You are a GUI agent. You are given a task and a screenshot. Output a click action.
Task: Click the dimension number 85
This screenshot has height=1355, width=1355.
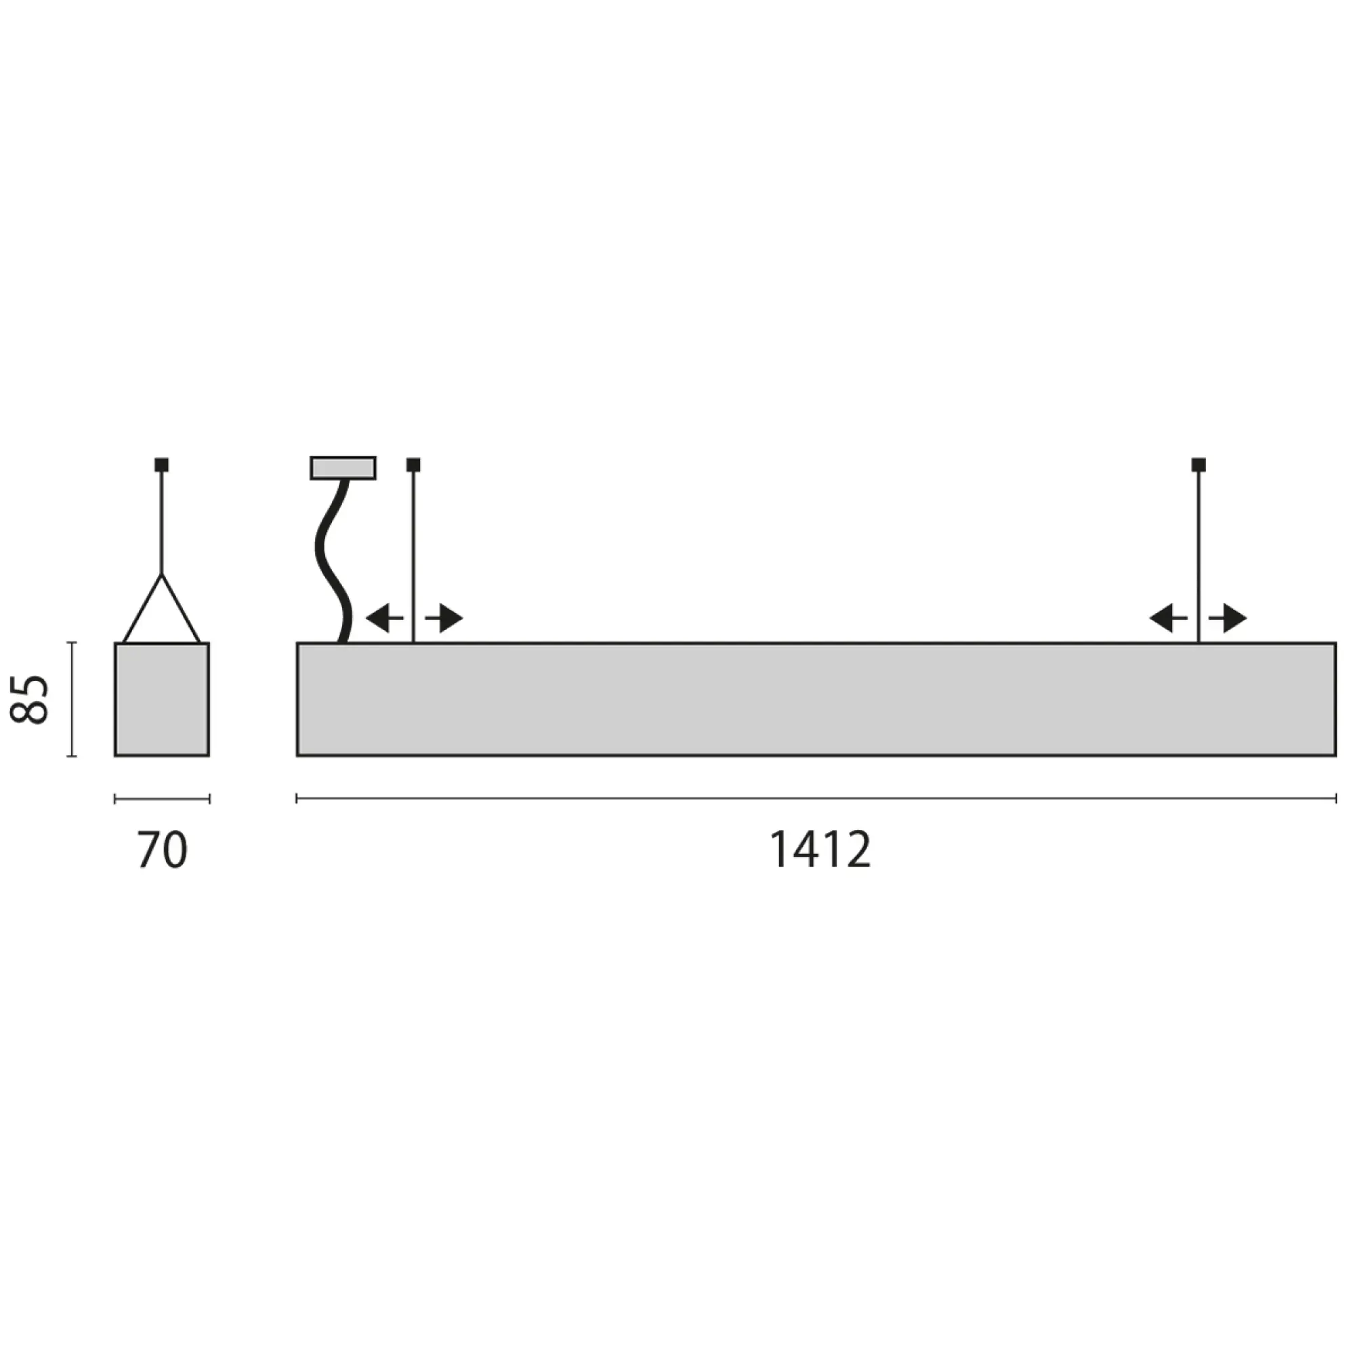pos(29,699)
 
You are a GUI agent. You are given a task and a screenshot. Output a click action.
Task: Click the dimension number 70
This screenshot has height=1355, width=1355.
pos(162,851)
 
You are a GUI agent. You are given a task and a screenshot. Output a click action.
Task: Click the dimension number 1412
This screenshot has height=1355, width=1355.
pos(820,850)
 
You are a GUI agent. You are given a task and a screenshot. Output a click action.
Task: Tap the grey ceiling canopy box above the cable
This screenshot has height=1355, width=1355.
pos(343,467)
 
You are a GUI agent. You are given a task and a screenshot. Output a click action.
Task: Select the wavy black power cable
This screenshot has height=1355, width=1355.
pos(331,561)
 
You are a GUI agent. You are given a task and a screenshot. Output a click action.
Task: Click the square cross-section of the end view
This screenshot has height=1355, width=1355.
pos(162,699)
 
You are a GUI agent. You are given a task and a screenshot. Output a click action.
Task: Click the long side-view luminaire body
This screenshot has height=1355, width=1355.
pos(816,699)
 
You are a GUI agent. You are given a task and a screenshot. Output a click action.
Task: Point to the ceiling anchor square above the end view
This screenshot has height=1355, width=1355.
pos(162,464)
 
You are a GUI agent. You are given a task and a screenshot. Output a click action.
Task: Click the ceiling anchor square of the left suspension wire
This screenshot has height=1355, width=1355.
pos(413,464)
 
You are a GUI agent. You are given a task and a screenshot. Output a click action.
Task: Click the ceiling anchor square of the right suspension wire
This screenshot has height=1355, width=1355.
pos(1198,464)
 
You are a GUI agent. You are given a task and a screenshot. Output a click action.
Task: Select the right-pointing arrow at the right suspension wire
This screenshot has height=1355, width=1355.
pos(1230,619)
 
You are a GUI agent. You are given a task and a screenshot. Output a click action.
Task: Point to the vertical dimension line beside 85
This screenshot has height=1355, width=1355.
pos(71,699)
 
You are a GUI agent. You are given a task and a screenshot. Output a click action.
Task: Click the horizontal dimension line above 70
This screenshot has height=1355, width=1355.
pos(162,798)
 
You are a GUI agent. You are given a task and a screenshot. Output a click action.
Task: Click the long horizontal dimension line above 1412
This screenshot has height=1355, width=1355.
pos(816,798)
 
